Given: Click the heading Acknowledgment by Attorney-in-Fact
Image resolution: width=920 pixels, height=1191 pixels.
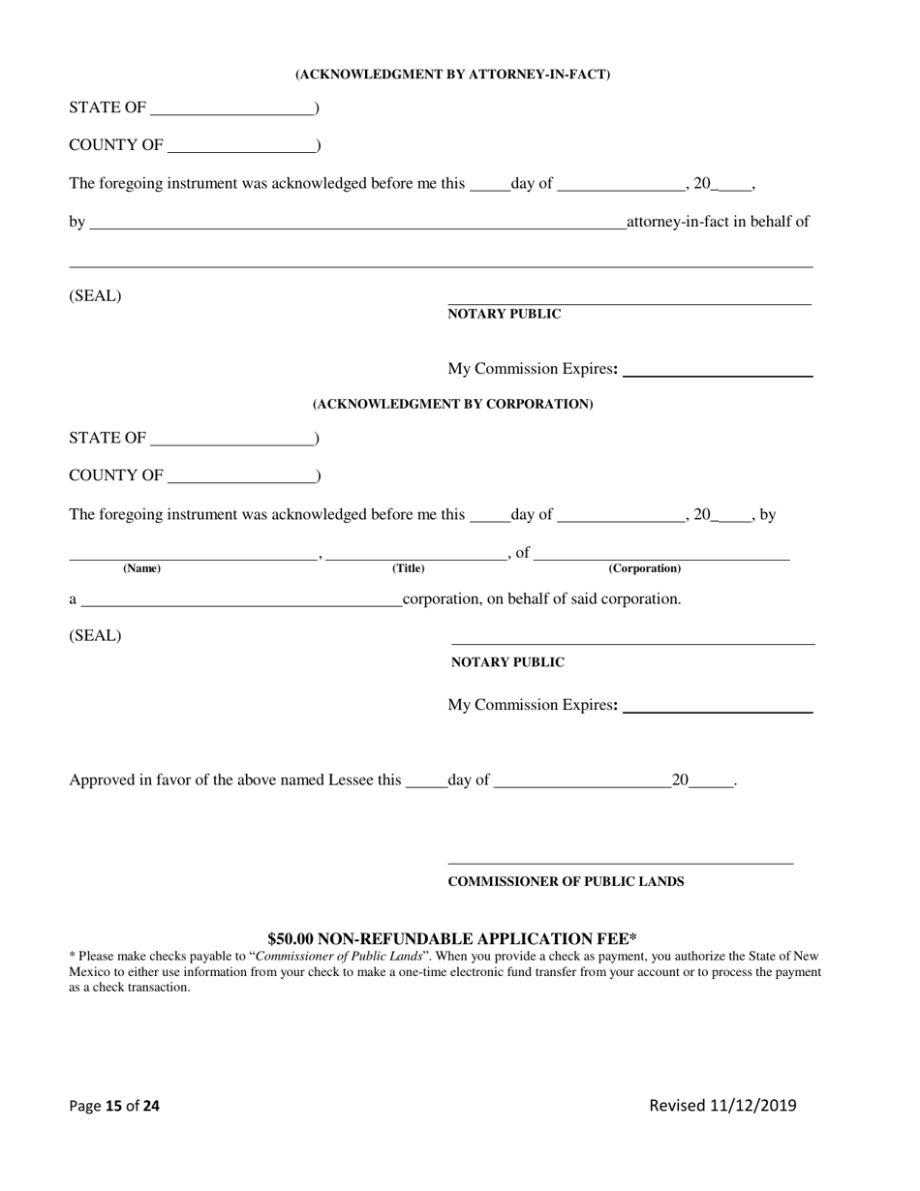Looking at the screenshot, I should click(452, 75).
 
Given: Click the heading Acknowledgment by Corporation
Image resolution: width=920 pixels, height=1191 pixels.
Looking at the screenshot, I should click(452, 404).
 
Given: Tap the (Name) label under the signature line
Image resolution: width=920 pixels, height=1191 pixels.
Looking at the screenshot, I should click(141, 568).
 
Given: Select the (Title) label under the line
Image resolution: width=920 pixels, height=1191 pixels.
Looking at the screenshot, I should click(408, 568).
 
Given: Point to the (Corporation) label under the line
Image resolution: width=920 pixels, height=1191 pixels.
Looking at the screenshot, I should click(644, 568).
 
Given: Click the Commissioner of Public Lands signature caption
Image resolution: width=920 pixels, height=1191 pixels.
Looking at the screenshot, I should click(566, 881).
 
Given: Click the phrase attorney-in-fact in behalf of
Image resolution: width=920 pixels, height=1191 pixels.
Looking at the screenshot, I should click(718, 222).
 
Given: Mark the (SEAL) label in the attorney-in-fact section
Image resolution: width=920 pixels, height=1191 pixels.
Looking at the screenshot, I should click(95, 296).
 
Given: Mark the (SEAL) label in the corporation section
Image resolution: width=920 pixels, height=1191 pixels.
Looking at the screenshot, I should click(95, 636).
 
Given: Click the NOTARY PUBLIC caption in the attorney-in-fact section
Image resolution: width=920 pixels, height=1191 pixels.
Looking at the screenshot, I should click(504, 314).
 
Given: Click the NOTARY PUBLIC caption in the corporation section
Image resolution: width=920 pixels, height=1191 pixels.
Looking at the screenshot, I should click(507, 662).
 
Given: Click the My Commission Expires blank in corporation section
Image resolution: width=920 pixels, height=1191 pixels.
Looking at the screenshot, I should click(718, 706).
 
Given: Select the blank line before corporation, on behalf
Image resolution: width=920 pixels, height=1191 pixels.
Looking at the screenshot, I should click(241, 600).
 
